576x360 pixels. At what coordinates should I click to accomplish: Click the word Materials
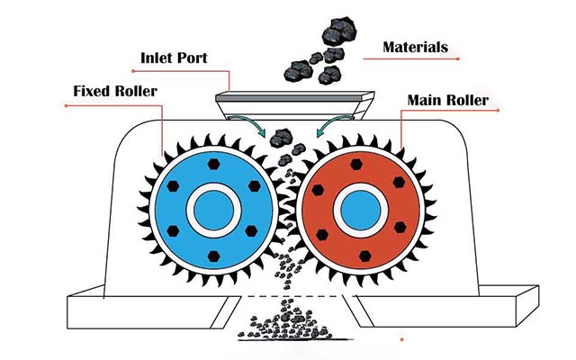pyautogui.click(x=415, y=47)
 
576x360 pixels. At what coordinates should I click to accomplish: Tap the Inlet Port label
pyautogui.click(x=174, y=58)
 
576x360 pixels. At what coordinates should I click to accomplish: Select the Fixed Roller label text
pyautogui.click(x=115, y=91)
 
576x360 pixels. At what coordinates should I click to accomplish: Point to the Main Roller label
pyautogui.click(x=448, y=100)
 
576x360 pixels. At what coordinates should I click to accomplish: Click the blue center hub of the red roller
pyautogui.click(x=360, y=211)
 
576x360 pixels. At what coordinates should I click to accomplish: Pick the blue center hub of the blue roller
pyautogui.click(x=213, y=211)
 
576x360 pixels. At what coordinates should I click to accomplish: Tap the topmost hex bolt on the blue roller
pyautogui.click(x=214, y=164)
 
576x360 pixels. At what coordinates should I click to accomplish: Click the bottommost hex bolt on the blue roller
pyautogui.click(x=214, y=256)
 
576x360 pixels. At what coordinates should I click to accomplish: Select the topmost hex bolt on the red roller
pyautogui.click(x=356, y=164)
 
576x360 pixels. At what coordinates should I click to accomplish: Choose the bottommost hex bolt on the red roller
pyautogui.click(x=365, y=256)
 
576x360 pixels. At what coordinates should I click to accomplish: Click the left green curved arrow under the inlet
pyautogui.click(x=250, y=124)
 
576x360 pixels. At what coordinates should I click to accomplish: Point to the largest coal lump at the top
pyautogui.click(x=338, y=31)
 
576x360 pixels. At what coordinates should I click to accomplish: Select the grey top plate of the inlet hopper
pyautogui.click(x=294, y=97)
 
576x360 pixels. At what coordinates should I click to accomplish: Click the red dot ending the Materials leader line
pyautogui.click(x=458, y=58)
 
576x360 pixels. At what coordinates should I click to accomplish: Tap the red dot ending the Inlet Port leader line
pyautogui.click(x=132, y=71)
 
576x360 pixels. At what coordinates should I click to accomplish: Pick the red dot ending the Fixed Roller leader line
pyautogui.click(x=66, y=106)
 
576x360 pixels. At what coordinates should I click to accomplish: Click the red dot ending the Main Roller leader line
pyautogui.click(x=498, y=110)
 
